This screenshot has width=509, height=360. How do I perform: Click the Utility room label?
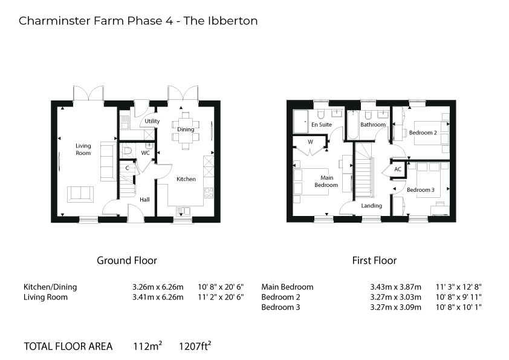click(x=152, y=121)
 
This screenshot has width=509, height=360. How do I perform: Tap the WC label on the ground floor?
click(x=145, y=152)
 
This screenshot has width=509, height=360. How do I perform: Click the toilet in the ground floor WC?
click(x=127, y=151)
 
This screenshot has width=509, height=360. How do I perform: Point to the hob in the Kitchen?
click(x=209, y=192)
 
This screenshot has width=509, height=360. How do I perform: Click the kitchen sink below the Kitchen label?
click(x=183, y=212)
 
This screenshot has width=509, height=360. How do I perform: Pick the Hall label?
click(x=144, y=200)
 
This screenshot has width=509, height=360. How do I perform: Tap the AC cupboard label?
click(x=398, y=169)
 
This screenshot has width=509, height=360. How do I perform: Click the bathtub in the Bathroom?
click(x=352, y=125)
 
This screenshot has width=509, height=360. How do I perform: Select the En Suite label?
click(x=322, y=125)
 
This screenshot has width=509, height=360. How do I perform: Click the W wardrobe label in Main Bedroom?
click(x=310, y=142)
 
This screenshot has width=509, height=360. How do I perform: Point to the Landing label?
click(x=371, y=206)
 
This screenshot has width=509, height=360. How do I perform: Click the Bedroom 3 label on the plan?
click(x=420, y=190)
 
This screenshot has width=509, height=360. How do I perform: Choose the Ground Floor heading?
click(x=127, y=260)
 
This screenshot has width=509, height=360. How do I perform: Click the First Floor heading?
click(x=374, y=260)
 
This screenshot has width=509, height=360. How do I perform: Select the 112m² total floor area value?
click(x=148, y=346)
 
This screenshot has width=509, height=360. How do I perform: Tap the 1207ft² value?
click(x=195, y=346)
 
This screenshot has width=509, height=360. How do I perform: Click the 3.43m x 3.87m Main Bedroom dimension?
click(x=396, y=287)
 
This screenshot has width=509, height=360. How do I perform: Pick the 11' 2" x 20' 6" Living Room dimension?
click(x=221, y=297)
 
